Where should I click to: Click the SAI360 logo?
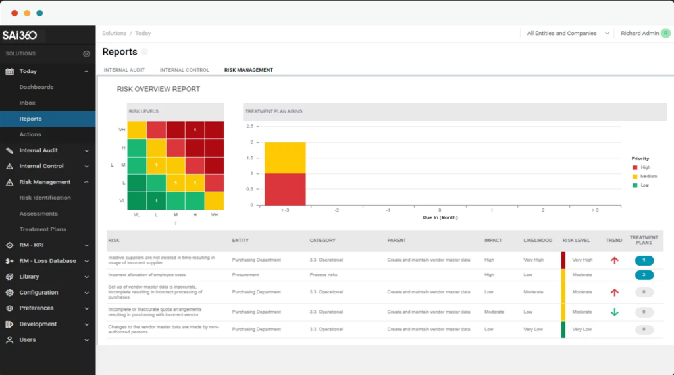point(20,35)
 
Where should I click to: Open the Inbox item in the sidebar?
point(27,103)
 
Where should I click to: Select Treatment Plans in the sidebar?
point(43,229)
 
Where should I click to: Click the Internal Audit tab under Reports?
point(124,70)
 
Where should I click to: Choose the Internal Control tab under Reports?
point(184,70)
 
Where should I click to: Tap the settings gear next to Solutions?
point(86,54)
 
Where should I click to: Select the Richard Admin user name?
point(639,33)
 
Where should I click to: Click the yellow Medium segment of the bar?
point(285,158)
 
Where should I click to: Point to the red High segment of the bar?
point(285,189)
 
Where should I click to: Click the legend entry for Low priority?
point(644,185)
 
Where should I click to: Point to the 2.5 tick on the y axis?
point(250,126)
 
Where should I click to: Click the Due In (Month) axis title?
point(440,217)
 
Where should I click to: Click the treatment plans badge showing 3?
point(644,274)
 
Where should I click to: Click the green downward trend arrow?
point(614,312)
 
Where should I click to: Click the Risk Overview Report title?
point(158,89)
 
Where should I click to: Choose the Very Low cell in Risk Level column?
point(582,329)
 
